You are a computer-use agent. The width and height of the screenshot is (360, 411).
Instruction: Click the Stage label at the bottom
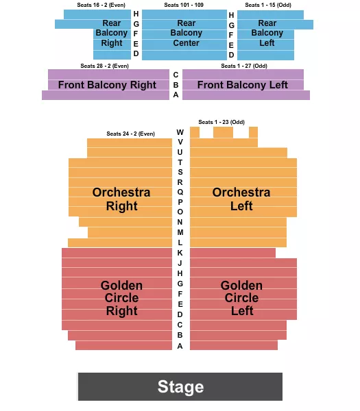(x=180, y=386)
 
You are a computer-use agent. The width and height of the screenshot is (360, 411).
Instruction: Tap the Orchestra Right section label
(x=121, y=199)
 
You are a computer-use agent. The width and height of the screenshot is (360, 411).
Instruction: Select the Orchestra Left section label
(x=241, y=199)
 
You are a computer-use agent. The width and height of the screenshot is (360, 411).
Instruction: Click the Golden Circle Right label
(x=121, y=298)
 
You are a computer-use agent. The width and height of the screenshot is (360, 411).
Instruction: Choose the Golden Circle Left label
(x=241, y=298)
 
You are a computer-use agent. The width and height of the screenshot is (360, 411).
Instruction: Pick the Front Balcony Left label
(x=243, y=85)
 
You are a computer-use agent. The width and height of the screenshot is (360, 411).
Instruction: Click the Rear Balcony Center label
(x=186, y=33)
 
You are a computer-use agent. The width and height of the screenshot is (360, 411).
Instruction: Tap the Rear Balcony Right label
(x=111, y=33)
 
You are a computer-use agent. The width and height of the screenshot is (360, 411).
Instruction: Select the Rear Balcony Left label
(x=267, y=33)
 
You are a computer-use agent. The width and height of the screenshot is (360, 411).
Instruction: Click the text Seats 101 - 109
(x=184, y=5)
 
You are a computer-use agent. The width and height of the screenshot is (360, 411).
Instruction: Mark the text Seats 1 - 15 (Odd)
(x=268, y=5)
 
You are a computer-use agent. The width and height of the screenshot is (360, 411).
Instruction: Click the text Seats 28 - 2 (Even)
(x=104, y=66)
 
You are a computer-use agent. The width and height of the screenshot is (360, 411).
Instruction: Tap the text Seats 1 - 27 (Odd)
(x=245, y=66)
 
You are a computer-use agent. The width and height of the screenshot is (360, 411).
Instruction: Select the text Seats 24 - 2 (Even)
(x=130, y=134)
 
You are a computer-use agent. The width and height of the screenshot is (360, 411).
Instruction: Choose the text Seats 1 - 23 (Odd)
(x=221, y=122)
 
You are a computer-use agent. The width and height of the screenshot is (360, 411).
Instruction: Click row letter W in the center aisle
(x=180, y=132)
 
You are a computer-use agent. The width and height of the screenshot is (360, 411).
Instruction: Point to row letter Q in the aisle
(x=180, y=192)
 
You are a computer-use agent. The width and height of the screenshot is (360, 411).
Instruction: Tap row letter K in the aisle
(x=180, y=253)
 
